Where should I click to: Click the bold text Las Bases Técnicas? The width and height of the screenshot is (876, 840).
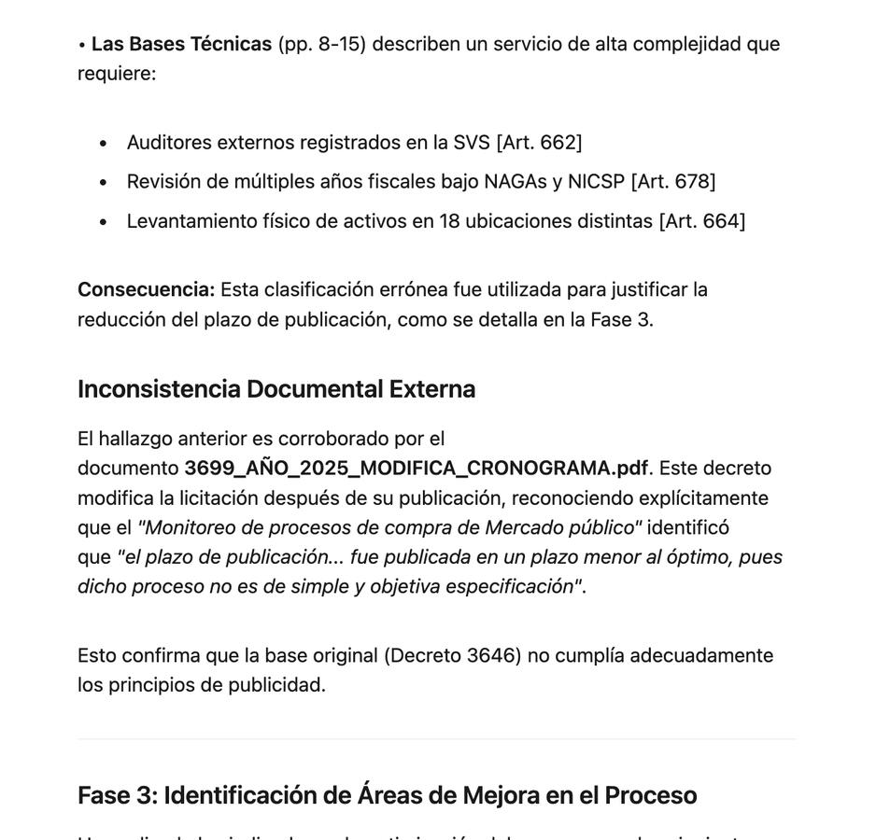(181, 44)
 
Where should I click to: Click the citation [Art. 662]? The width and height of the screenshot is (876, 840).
(539, 142)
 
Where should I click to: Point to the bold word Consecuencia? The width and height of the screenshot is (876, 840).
(146, 289)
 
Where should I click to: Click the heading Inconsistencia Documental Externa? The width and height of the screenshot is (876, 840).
(276, 389)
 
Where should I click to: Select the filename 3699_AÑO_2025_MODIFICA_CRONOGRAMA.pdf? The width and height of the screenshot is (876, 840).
(416, 468)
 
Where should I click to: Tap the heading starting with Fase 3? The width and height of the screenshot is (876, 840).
(387, 795)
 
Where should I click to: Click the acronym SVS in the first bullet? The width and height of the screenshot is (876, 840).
(472, 142)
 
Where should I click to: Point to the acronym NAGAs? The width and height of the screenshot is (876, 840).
(516, 181)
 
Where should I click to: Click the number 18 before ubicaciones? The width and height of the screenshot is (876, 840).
(449, 221)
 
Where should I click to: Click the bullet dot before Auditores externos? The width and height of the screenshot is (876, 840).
(103, 143)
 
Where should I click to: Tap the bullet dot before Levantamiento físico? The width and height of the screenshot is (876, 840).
(103, 222)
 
